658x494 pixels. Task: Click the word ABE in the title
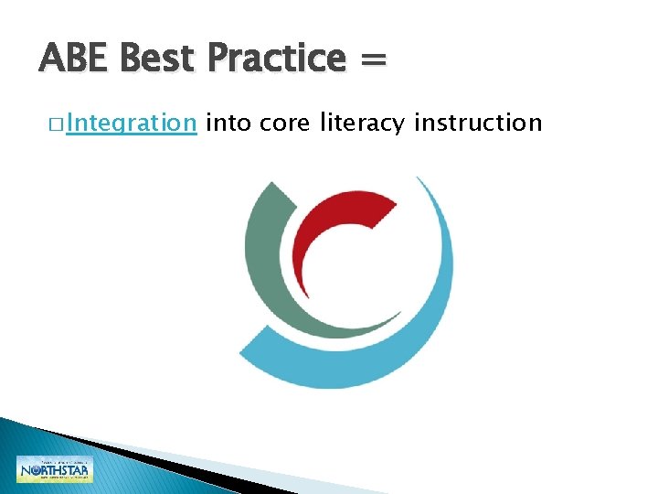75,59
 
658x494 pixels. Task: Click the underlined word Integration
132,123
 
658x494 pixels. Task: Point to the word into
229,122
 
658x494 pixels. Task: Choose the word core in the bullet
286,122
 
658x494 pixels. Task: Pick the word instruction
478,122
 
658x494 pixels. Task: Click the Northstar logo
55,469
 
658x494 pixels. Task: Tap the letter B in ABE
75,59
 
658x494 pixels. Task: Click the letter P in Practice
220,59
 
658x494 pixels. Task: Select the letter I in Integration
69,122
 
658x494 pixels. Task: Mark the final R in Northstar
85,472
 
